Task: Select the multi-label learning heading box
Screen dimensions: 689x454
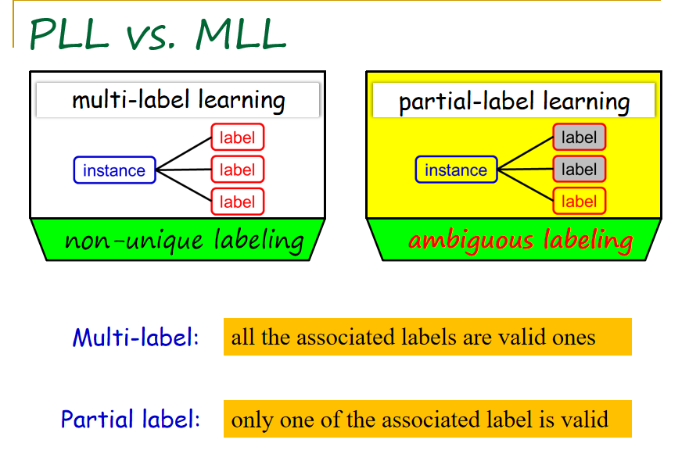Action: click(178, 100)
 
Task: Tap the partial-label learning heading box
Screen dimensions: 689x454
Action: click(514, 102)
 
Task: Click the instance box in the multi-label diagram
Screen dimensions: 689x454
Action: click(114, 170)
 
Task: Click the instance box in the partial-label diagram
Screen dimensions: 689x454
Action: click(456, 170)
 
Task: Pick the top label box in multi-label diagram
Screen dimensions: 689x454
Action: click(238, 138)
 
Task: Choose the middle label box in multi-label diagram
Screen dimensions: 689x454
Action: click(238, 170)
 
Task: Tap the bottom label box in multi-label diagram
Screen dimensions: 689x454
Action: click(238, 202)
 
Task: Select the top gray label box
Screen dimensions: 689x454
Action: click(579, 138)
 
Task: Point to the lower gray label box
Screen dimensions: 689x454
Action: click(579, 170)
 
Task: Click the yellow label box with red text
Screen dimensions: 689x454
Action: click(579, 202)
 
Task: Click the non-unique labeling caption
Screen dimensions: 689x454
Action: click(184, 240)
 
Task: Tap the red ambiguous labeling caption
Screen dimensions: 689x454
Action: click(520, 240)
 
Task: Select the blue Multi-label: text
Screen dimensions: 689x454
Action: click(136, 338)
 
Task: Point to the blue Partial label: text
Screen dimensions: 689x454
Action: click(131, 419)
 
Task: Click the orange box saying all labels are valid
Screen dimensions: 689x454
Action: click(427, 337)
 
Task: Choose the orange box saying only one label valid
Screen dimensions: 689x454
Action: click(427, 419)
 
